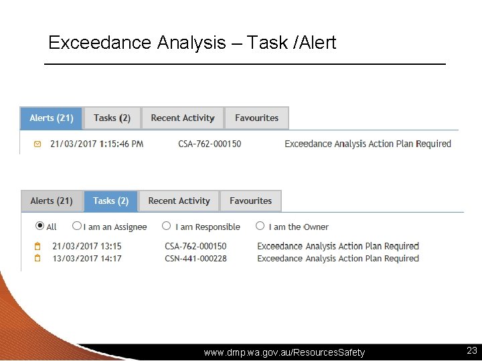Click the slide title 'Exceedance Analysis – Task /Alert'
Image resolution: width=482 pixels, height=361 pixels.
pos(192,43)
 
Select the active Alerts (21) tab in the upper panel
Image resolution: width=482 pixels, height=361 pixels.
pos(52,118)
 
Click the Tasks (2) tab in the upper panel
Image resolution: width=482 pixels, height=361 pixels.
pos(112,118)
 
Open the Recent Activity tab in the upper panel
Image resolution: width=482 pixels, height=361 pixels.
pos(183,118)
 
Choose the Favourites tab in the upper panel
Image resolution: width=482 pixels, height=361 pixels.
pos(256,118)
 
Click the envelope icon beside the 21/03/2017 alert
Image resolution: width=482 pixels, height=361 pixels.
pos(37,144)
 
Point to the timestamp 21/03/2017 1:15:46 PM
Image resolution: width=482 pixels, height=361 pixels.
pos(96,144)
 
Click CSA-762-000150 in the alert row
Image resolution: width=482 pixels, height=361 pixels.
pos(210,144)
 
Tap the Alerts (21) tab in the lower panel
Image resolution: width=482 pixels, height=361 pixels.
pos(52,201)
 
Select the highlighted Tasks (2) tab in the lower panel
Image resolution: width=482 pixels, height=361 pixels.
pos(110,201)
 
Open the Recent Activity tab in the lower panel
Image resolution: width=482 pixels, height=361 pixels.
pos(179,201)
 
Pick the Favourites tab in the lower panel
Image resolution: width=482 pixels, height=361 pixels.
pos(250,201)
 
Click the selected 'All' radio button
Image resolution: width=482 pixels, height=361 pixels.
pos(40,227)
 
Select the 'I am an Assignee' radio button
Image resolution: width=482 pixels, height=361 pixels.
pos(77,227)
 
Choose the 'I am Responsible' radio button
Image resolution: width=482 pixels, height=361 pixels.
pos(167,227)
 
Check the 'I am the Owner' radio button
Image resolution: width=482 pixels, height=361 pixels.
pos(260,227)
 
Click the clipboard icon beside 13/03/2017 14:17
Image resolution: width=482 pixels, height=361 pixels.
pos(38,258)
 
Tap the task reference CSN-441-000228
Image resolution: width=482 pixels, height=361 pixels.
pos(195,258)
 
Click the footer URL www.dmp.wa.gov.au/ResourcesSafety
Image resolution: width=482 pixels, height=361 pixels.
pos(285,352)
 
